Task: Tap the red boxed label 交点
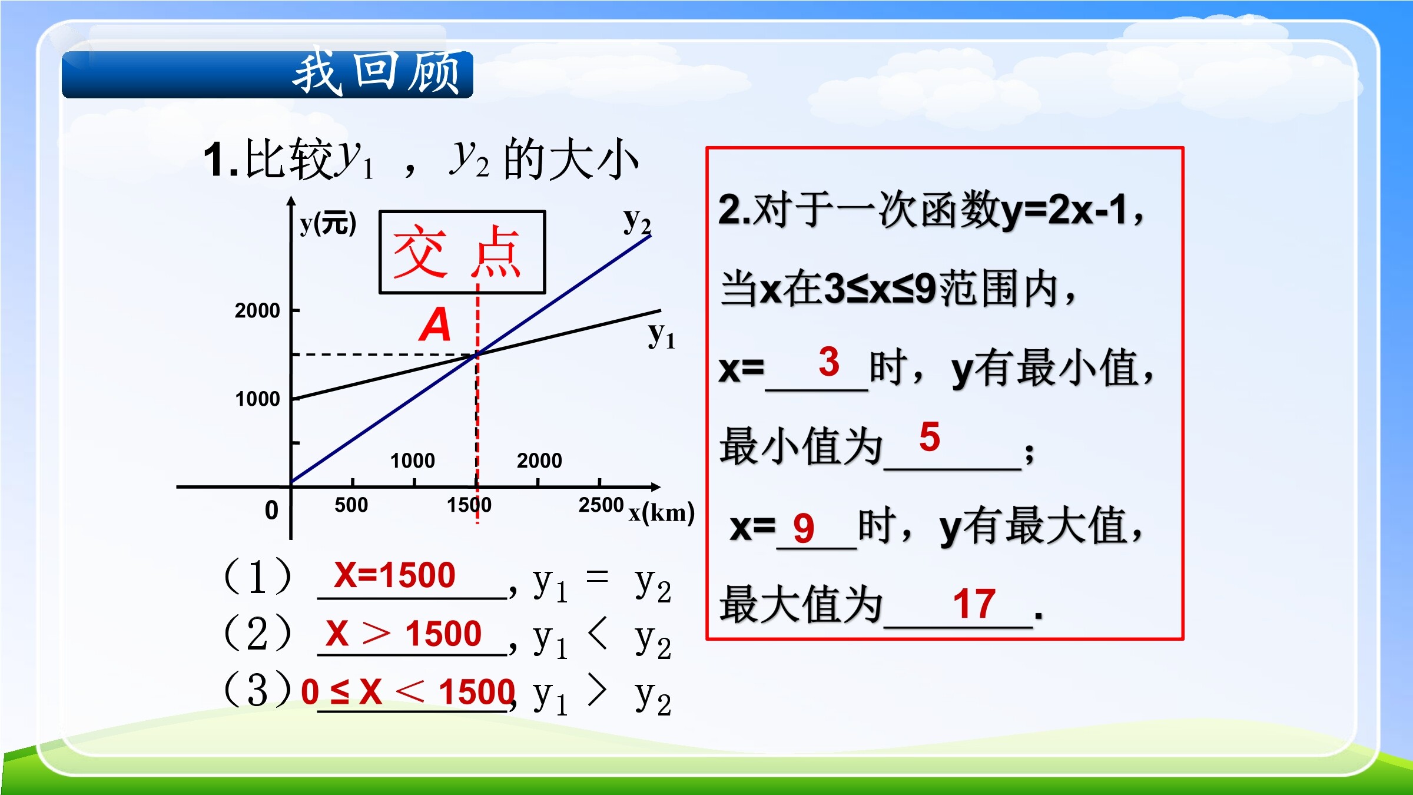pyautogui.click(x=457, y=251)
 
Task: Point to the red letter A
pyautogui.click(x=435, y=324)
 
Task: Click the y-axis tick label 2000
pyautogui.click(x=257, y=310)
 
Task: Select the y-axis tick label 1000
pyautogui.click(x=257, y=399)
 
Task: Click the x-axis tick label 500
pyautogui.click(x=351, y=505)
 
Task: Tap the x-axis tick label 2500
pyautogui.click(x=601, y=505)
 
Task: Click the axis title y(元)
pyautogui.click(x=328, y=224)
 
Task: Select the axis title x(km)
pyautogui.click(x=662, y=513)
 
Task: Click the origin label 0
pyautogui.click(x=271, y=510)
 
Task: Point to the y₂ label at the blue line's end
pyautogui.click(x=638, y=222)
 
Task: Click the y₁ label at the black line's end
pyautogui.click(x=662, y=335)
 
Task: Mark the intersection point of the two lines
pyautogui.click(x=477, y=354)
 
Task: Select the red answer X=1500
pyautogui.click(x=394, y=575)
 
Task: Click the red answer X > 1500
pyautogui.click(x=403, y=634)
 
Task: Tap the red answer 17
pyautogui.click(x=974, y=604)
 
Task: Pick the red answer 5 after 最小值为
pyautogui.click(x=930, y=437)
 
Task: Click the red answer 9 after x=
pyautogui.click(x=804, y=528)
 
